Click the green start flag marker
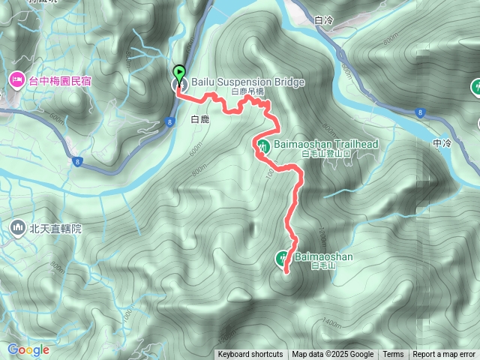point(179,73)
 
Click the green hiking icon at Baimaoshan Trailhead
point(263,146)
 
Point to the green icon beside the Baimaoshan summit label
point(283,259)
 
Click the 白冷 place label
point(324,21)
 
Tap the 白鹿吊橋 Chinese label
point(247,91)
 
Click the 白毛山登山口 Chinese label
point(325,154)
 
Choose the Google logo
point(28,349)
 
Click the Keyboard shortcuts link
point(250,355)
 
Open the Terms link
point(393,355)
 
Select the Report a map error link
point(444,355)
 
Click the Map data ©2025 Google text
point(332,355)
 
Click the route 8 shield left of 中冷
point(418,112)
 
